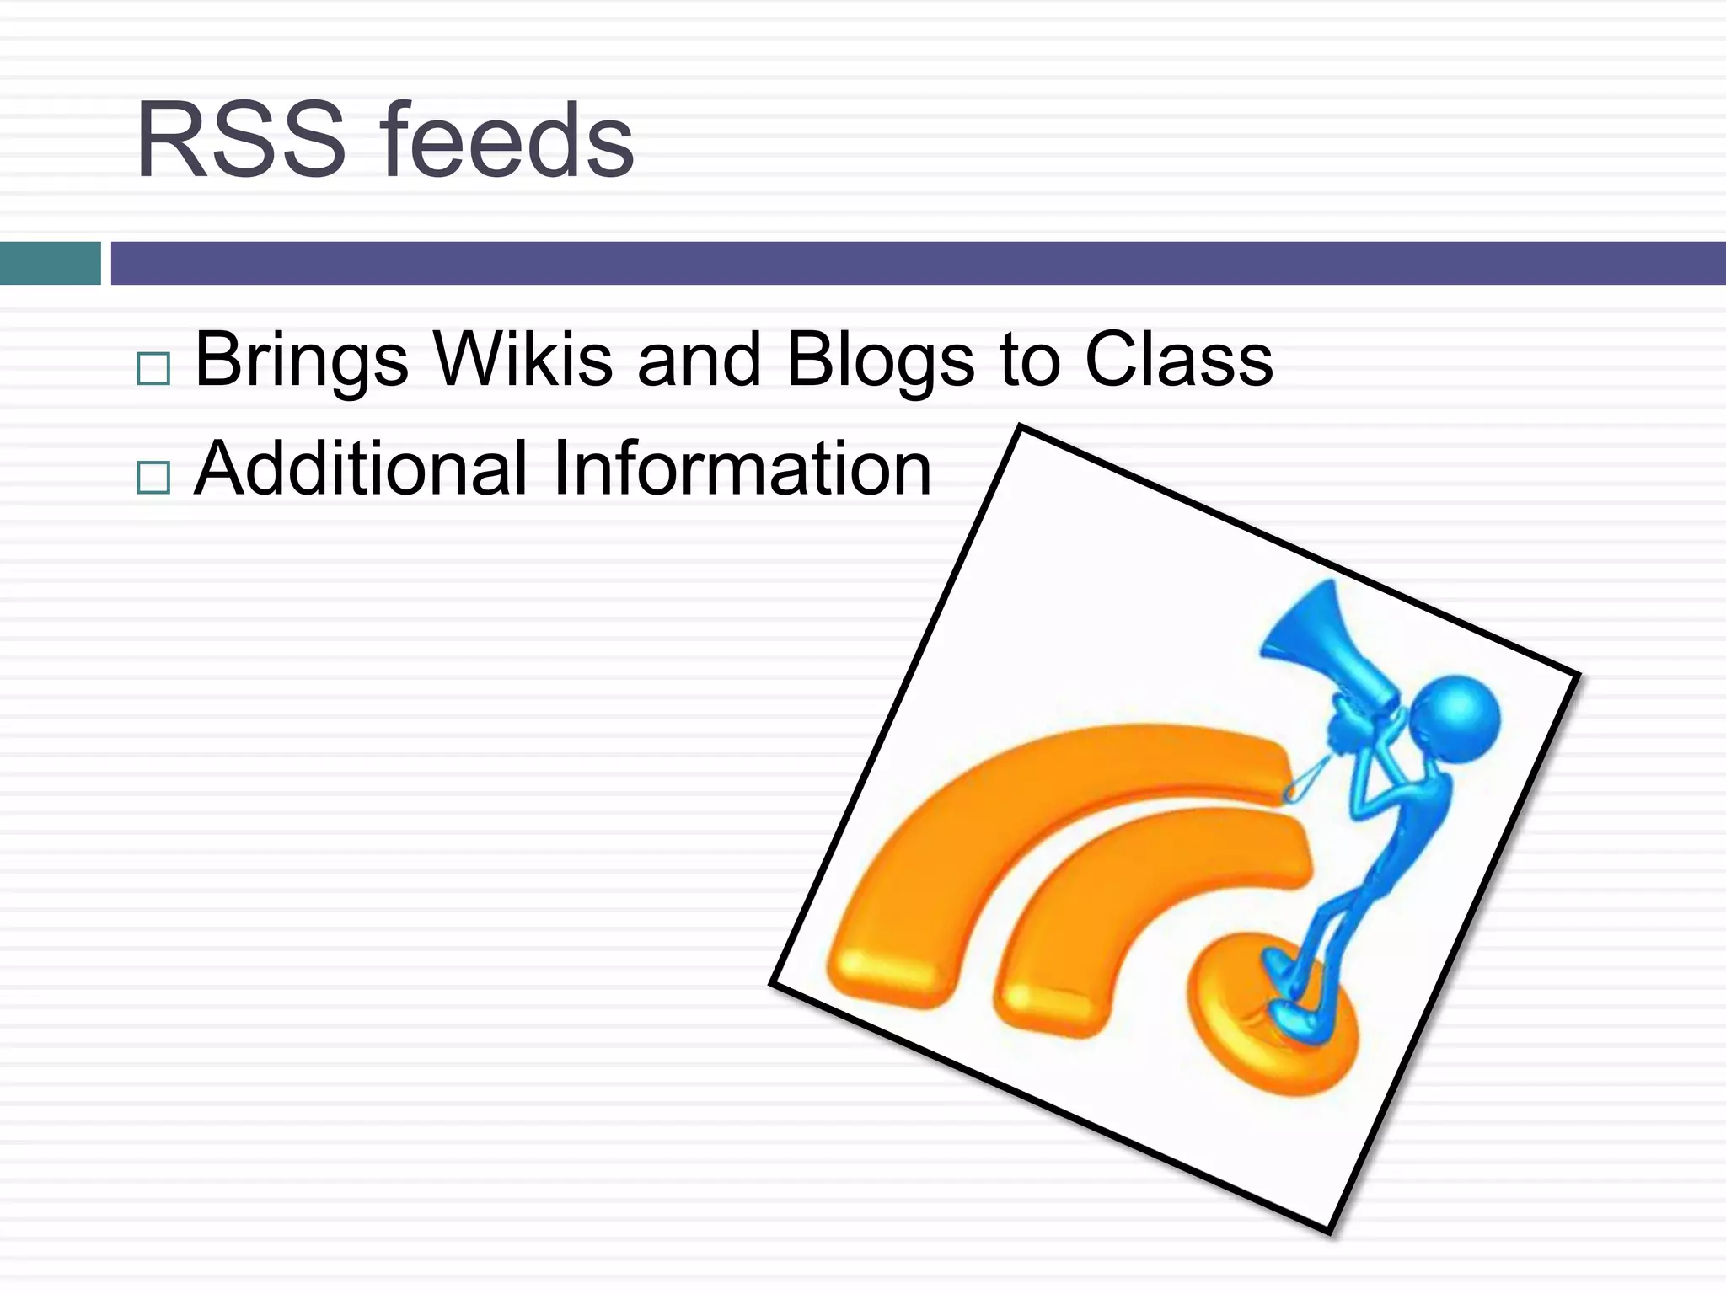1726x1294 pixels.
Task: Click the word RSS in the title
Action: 241,141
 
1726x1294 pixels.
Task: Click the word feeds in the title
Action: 507,141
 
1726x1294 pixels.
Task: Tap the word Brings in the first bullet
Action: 302,361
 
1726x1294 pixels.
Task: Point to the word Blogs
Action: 880,361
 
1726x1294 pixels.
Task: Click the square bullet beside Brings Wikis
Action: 153,368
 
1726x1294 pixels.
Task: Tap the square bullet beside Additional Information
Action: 153,478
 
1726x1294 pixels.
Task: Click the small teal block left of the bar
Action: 50,263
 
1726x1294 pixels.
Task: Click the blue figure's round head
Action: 1456,720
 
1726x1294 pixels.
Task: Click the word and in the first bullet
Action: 700,361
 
